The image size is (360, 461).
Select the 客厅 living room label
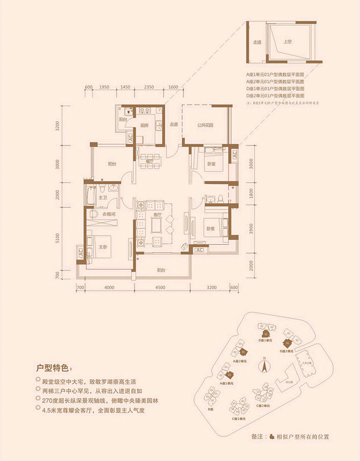[x=157, y=214]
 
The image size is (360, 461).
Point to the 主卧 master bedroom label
[x=103, y=247]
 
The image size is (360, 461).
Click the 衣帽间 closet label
[x=110, y=214]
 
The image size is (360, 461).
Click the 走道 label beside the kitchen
[x=174, y=125]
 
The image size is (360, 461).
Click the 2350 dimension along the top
[x=149, y=87]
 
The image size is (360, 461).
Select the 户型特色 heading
[x=53, y=368]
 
